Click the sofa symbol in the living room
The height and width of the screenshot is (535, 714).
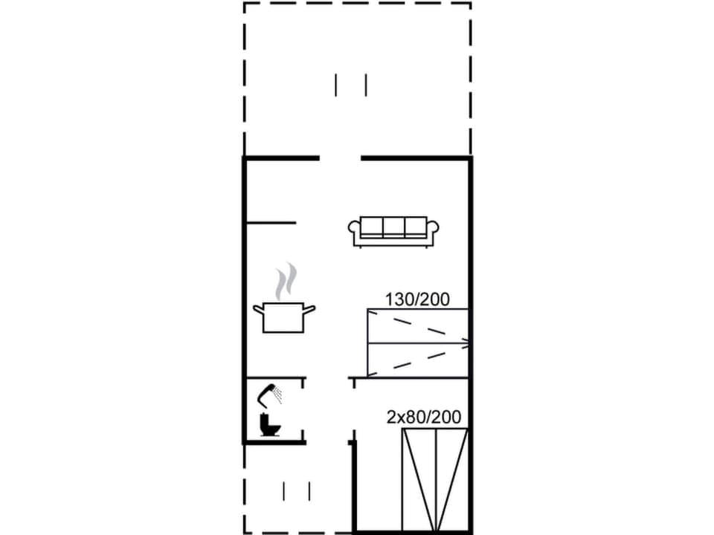[x=393, y=231]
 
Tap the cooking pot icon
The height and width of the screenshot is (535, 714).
[x=283, y=317]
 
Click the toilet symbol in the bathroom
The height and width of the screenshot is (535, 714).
[x=268, y=425]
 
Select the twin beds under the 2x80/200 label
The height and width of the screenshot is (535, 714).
[x=435, y=479]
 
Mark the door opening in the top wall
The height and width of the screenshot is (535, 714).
[x=340, y=158]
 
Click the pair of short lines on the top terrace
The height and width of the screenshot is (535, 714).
[x=351, y=85]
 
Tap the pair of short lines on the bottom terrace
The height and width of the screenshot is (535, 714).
[x=297, y=490]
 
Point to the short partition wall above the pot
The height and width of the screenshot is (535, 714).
[x=271, y=222]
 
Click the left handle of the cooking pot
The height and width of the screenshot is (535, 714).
[x=257, y=308]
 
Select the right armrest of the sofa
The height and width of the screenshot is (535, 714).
[x=433, y=227]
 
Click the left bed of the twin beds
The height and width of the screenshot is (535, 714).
[x=419, y=479]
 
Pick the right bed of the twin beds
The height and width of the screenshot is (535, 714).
[x=451, y=479]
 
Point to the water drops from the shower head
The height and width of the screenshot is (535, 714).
[x=278, y=395]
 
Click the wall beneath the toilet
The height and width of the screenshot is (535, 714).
[x=274, y=442]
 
